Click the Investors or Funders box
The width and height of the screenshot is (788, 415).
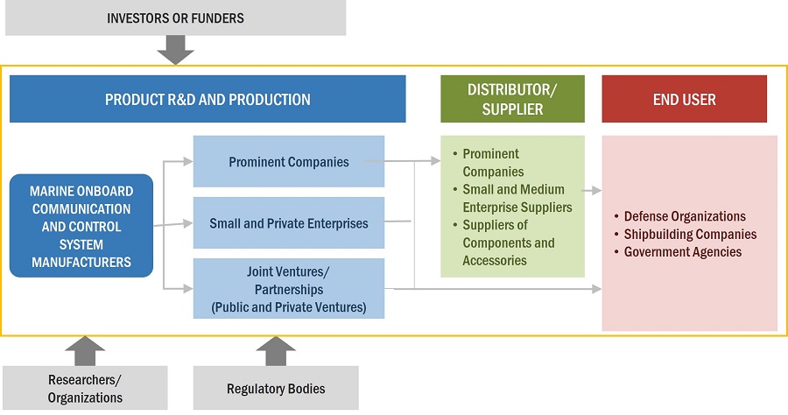pyautogui.click(x=175, y=18)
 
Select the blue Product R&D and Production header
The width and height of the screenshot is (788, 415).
pyautogui.click(x=208, y=99)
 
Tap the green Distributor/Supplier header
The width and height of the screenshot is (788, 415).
pyautogui.click(x=512, y=99)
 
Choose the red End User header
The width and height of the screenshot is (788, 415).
pyautogui.click(x=684, y=99)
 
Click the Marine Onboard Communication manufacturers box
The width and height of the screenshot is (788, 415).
pyautogui.click(x=81, y=226)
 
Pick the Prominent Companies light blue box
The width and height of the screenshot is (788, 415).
pyautogui.click(x=288, y=161)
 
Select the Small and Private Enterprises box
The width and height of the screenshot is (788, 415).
pyautogui.click(x=288, y=223)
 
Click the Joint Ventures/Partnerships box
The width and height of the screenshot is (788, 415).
pyautogui.click(x=288, y=289)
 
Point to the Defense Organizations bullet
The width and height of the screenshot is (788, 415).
pyautogui.click(x=684, y=216)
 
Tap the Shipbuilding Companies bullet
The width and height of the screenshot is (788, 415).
pyautogui.click(x=689, y=234)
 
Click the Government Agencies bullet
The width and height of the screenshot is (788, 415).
pyautogui.click(x=682, y=252)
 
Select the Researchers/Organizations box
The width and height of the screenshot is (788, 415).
pyautogui.click(x=85, y=389)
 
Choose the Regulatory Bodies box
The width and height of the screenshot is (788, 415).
pyautogui.click(x=275, y=389)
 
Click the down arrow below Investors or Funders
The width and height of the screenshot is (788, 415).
pyautogui.click(x=175, y=51)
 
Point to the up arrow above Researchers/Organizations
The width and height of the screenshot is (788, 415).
pyautogui.click(x=85, y=350)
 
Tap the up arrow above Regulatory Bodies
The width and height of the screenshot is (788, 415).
pyautogui.click(x=275, y=350)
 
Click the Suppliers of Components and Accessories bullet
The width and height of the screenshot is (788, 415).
pyautogui.click(x=508, y=243)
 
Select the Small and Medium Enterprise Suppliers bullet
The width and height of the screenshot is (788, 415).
pyautogui.click(x=516, y=198)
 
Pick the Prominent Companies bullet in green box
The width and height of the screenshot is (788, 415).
pyautogui.click(x=492, y=163)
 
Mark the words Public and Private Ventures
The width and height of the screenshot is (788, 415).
pyautogui.click(x=288, y=307)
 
